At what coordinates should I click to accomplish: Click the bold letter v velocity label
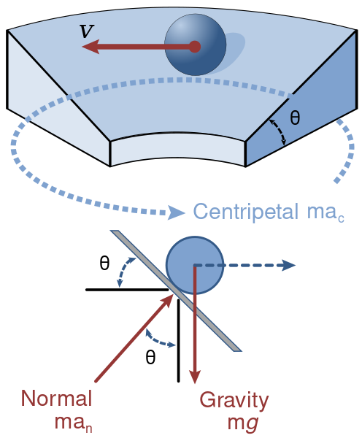87,31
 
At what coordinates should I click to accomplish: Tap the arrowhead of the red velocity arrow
90,47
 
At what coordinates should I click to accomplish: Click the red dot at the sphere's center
195,47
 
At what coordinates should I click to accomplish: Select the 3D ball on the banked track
196,45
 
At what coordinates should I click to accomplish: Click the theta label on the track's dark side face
295,118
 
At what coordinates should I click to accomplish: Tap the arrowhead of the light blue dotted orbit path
176,212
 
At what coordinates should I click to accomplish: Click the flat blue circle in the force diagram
195,265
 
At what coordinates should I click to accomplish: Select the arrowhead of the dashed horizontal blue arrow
288,265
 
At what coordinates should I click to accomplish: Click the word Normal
56,398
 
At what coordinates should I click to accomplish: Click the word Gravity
234,400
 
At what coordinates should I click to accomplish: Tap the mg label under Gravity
242,423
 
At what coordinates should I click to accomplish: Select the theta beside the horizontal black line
104,263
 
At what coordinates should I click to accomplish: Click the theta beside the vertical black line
150,357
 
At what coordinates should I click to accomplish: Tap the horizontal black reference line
128,290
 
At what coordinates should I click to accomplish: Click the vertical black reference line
179,340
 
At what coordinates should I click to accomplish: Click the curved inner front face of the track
177,150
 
